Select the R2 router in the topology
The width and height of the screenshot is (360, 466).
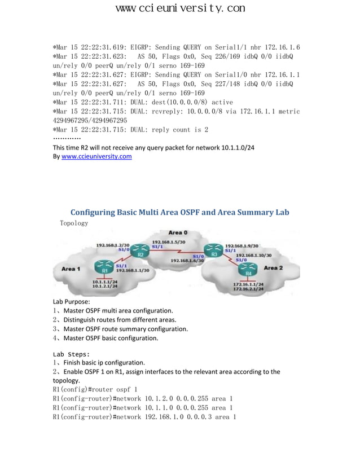141,248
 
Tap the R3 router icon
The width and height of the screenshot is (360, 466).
214,248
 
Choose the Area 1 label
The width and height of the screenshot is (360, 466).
71,269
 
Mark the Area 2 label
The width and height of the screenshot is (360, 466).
273,267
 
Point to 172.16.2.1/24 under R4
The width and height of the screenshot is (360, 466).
248,289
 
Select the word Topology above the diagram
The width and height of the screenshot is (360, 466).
74,223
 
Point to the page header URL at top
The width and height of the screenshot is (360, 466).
180,8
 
